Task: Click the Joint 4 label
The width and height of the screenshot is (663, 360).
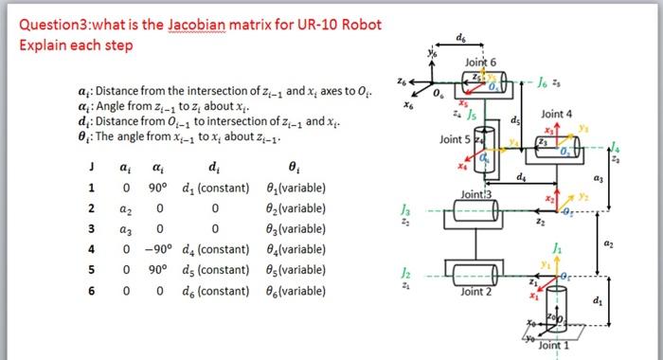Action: pyautogui.click(x=557, y=114)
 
